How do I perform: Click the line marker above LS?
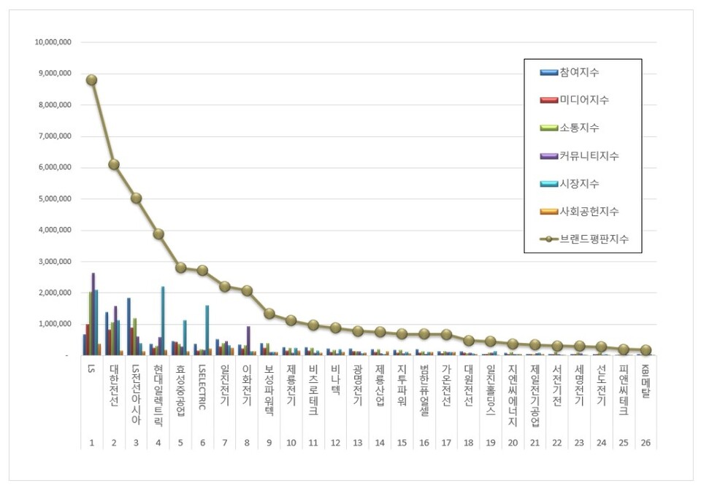click(x=91, y=80)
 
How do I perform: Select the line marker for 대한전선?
click(x=114, y=165)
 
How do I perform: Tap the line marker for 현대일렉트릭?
click(x=158, y=234)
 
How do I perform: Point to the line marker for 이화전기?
click(x=248, y=290)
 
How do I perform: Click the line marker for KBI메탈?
click(x=646, y=350)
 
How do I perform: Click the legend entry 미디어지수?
click(x=584, y=100)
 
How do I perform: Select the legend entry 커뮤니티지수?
click(x=589, y=155)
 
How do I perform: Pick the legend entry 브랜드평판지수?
click(x=594, y=239)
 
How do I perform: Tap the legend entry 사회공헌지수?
click(x=589, y=211)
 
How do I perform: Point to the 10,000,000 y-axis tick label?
click(x=53, y=42)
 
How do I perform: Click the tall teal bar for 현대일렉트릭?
click(x=163, y=320)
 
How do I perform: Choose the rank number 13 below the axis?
click(x=358, y=442)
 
